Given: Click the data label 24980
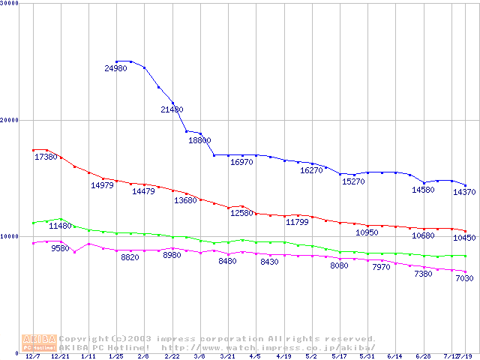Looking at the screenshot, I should point(115,69).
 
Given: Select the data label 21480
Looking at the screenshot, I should point(172,109).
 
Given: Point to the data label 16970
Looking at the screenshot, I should point(241,162).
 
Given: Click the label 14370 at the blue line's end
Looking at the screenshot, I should point(464,192).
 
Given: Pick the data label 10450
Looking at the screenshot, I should point(464,238).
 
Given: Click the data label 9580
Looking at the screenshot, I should point(60,248).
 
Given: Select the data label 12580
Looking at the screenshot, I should point(241,213).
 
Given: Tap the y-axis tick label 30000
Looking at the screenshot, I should point(9,4).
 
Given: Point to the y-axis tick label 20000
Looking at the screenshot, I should point(9,120).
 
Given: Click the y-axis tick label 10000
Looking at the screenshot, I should point(9,236).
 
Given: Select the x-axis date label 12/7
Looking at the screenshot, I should point(33,356).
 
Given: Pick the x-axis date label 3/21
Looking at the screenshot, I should point(227,356).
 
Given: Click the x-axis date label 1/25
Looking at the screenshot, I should point(116,356).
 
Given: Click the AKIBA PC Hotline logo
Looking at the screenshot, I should point(40,343).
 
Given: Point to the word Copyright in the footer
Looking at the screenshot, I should point(83,338).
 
